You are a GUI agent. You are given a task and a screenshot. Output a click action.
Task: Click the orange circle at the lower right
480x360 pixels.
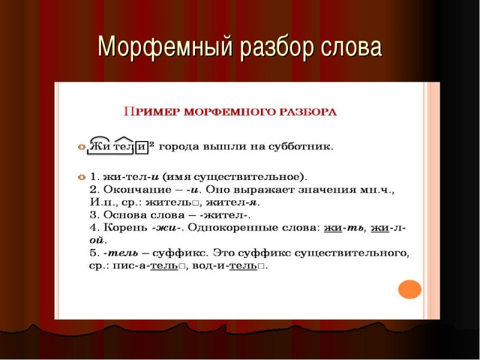pos(410,289)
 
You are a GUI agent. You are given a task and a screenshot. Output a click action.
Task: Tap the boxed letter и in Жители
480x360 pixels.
pos(142,146)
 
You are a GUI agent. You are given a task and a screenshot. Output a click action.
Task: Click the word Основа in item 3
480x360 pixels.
pos(122,215)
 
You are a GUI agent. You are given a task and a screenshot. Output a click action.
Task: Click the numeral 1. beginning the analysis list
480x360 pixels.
pos(94,177)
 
